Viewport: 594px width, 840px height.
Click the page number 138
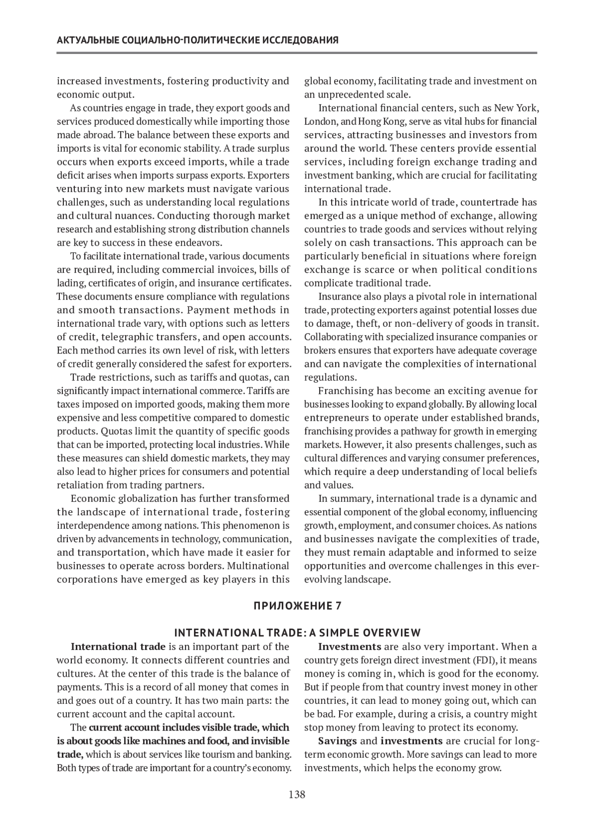297,795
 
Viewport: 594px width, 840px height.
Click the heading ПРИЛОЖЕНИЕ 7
297,606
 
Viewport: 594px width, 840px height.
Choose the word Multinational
260,566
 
